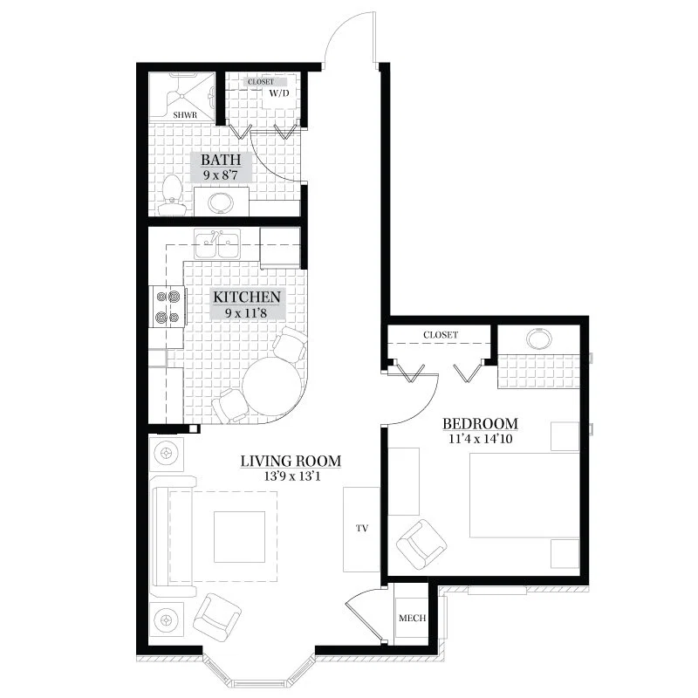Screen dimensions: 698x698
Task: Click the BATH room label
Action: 221,160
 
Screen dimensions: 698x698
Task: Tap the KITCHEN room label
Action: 247,297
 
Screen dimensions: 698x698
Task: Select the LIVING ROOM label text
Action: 291,462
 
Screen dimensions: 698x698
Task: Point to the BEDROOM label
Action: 481,423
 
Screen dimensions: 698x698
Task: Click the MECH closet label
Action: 412,618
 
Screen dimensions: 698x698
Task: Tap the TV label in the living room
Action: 362,529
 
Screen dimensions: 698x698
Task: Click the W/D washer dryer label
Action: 279,93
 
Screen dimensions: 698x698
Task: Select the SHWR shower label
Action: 185,115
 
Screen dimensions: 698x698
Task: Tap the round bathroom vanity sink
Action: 220,203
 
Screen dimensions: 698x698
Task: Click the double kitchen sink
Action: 217,244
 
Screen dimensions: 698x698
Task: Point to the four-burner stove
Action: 168,306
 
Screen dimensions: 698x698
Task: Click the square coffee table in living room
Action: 239,537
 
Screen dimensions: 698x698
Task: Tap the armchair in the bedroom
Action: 421,544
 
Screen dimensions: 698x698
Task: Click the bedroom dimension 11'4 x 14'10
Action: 481,439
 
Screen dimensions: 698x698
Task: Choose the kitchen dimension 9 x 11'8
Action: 246,313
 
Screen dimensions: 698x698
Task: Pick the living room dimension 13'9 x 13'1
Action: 292,476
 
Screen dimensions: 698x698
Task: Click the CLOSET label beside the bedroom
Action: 441,335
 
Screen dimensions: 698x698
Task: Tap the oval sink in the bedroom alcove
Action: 539,338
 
